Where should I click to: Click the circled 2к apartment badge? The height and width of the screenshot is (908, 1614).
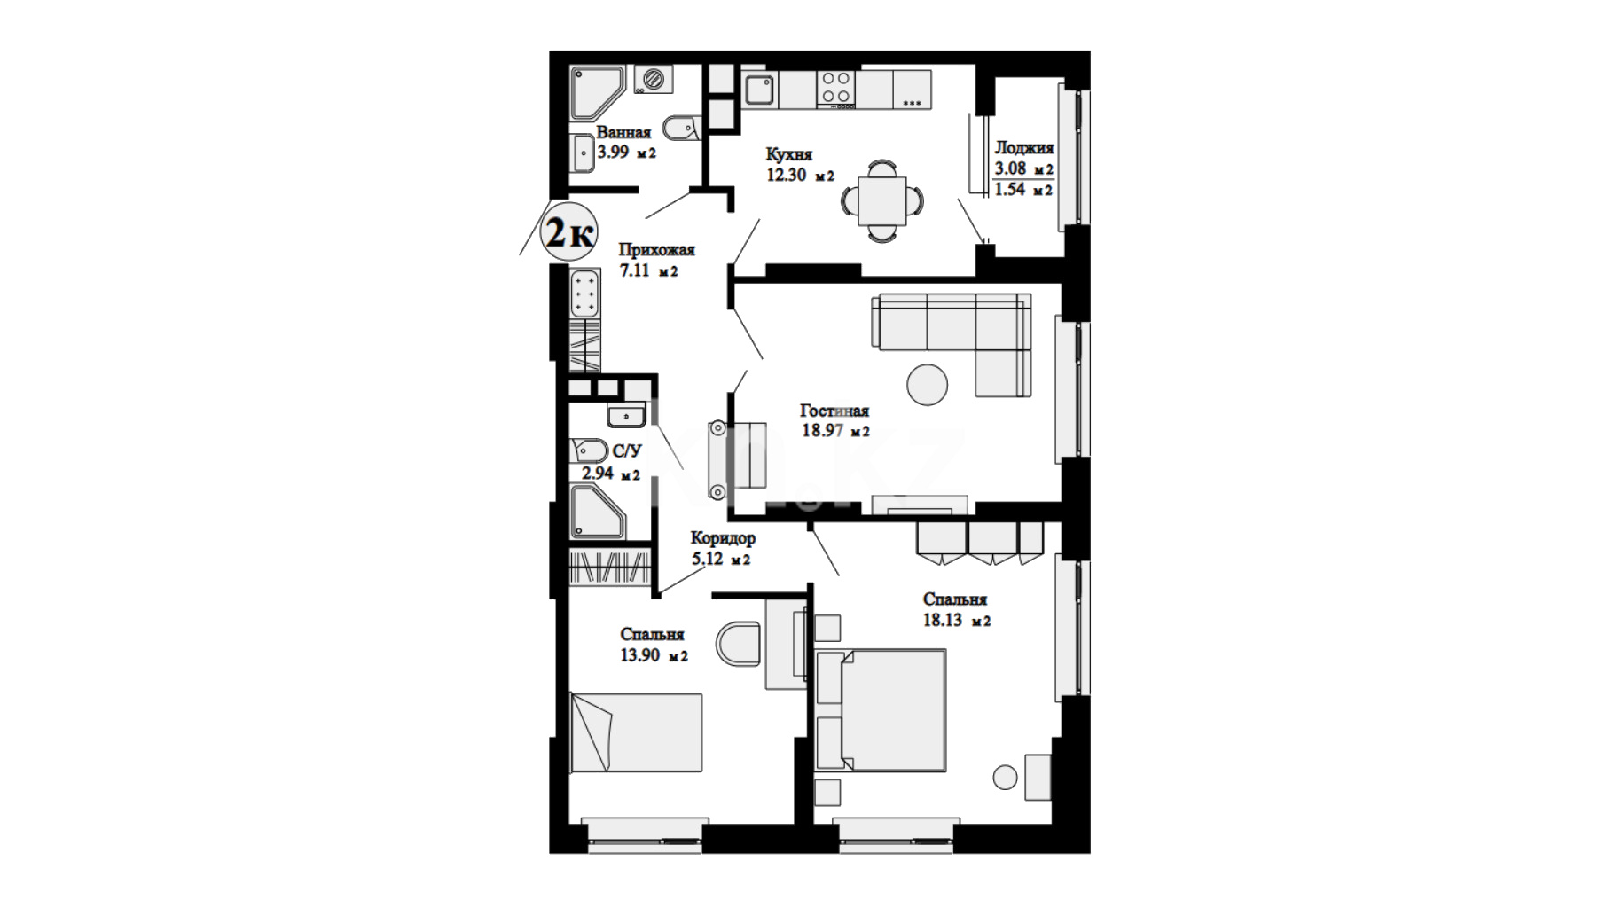pyautogui.click(x=568, y=232)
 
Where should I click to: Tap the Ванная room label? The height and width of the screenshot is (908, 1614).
pyautogui.click(x=623, y=133)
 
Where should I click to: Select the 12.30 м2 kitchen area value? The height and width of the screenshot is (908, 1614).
pyautogui.click(x=801, y=175)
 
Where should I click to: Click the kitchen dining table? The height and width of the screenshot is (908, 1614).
pyautogui.click(x=882, y=200)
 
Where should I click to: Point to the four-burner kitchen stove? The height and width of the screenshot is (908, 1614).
pyautogui.click(x=836, y=88)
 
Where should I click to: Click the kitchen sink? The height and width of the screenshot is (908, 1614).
pyautogui.click(x=759, y=90)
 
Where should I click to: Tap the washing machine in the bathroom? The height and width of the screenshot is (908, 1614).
pyautogui.click(x=654, y=79)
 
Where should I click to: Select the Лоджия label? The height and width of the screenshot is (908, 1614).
pyautogui.click(x=1024, y=148)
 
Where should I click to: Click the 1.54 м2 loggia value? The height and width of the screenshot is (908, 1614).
pyautogui.click(x=1024, y=189)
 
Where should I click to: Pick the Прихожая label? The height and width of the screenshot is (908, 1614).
pyautogui.click(x=656, y=250)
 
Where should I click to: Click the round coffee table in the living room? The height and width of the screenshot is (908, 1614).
pyautogui.click(x=928, y=385)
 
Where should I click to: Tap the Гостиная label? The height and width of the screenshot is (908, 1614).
pyautogui.click(x=834, y=411)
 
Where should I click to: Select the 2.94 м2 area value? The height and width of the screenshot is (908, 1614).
pyautogui.click(x=611, y=474)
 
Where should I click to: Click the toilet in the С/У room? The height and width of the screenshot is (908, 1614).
pyautogui.click(x=588, y=450)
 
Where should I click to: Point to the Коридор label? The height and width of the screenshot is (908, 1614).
pyautogui.click(x=723, y=538)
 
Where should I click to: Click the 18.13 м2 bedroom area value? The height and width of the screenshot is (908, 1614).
pyautogui.click(x=957, y=621)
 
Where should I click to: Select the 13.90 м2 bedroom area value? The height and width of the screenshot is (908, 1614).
pyautogui.click(x=654, y=656)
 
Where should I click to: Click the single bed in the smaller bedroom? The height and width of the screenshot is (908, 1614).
pyautogui.click(x=636, y=733)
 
